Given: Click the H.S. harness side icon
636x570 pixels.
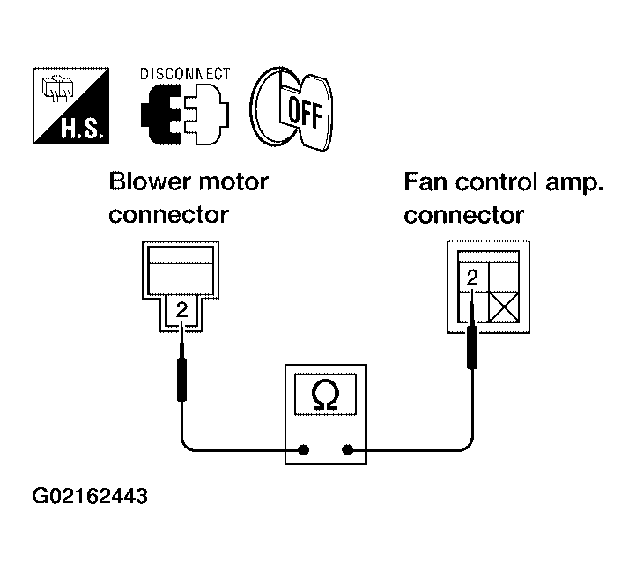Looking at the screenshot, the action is pos(71,106).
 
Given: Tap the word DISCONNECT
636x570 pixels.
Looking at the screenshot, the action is pos(185,74).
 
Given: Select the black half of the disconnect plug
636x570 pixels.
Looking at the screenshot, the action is pos(161,115).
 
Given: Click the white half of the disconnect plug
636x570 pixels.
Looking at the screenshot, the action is pos(206,115).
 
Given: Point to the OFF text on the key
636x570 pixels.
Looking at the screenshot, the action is pos(305,112).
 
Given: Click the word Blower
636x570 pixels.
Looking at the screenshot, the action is pos(149,181).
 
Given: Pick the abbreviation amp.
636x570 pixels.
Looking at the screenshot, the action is pos(574,184).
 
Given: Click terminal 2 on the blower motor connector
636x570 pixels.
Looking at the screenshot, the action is pos(182,310).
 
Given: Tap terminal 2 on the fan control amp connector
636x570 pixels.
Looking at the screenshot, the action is pos(472,278).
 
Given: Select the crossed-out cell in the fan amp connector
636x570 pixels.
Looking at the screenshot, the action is pos(504,307).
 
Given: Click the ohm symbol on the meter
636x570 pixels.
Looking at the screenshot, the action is pos(325,395).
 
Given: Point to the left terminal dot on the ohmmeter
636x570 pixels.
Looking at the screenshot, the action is pos(303,449).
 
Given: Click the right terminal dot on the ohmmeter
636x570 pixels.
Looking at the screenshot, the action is pos(348,449).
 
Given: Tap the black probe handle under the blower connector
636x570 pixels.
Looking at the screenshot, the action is pos(181,380).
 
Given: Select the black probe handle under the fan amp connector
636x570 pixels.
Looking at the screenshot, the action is pos(472,347).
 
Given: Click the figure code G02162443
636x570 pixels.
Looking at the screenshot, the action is pos(90,496).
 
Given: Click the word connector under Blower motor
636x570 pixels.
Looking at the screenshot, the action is pos(169,215).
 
